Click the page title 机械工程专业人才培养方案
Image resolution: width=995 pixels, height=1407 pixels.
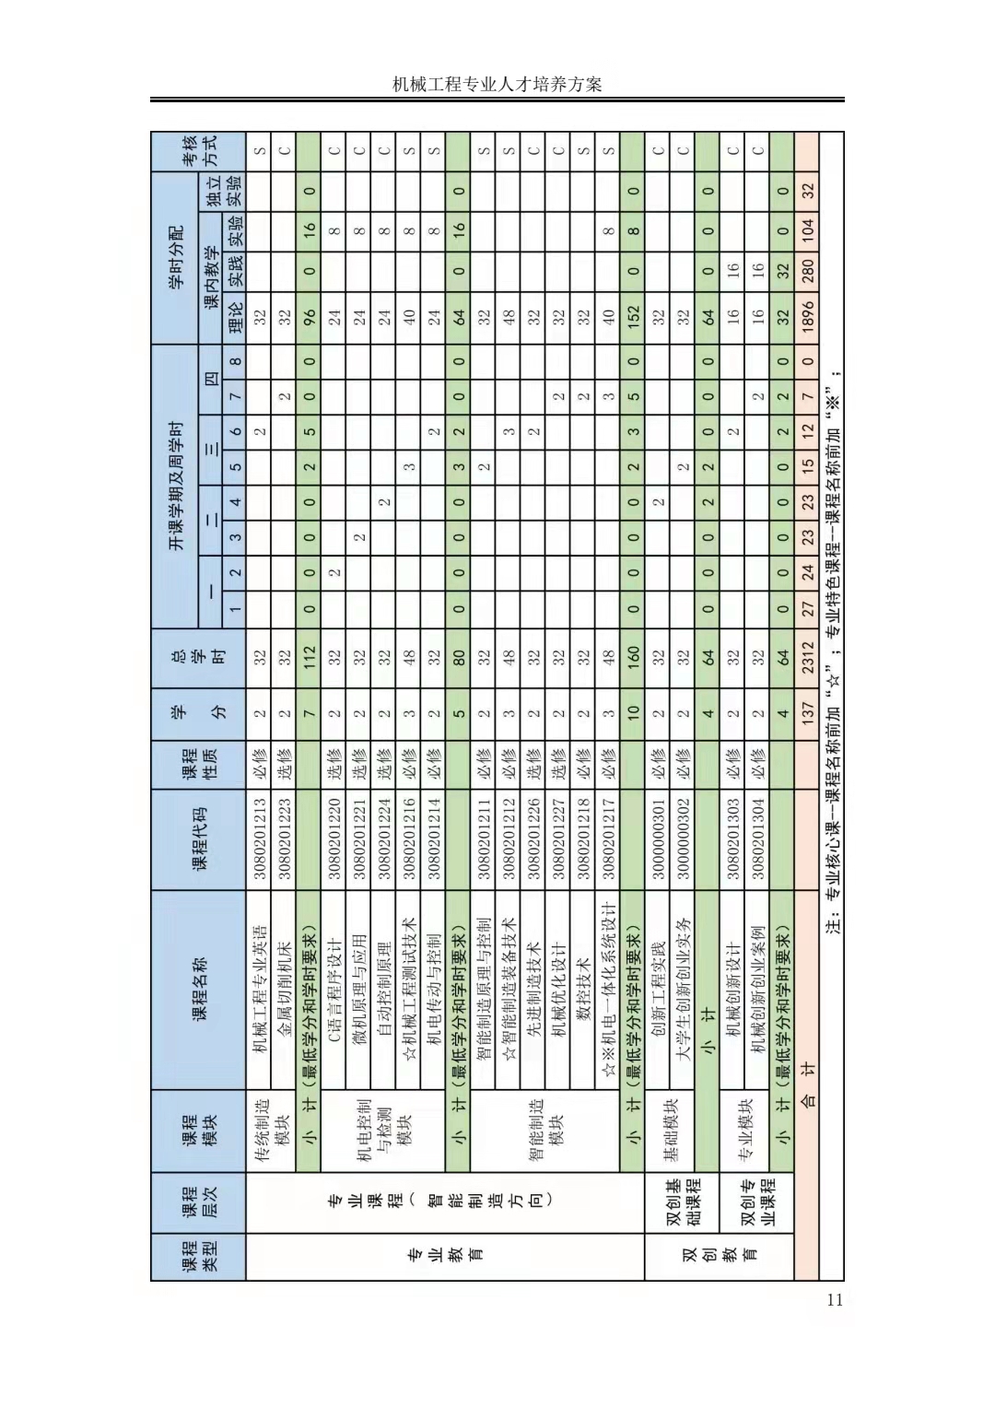497,85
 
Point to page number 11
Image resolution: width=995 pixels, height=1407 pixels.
835,1300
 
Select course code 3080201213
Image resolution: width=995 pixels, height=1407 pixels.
260,838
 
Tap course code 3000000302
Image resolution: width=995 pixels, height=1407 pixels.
683,838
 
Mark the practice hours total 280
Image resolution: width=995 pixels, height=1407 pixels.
807,267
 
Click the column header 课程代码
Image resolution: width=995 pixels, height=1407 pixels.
198,838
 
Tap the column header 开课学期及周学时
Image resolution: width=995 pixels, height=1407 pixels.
176,485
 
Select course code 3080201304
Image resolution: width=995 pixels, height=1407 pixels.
758,838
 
